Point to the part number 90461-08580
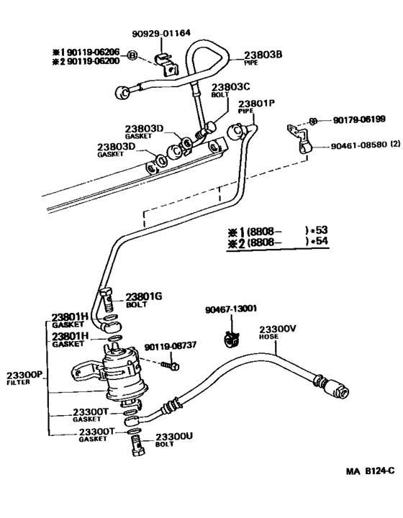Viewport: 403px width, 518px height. click(x=358, y=145)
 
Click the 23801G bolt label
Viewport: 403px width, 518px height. click(x=144, y=296)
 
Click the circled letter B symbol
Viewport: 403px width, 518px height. click(x=132, y=55)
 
